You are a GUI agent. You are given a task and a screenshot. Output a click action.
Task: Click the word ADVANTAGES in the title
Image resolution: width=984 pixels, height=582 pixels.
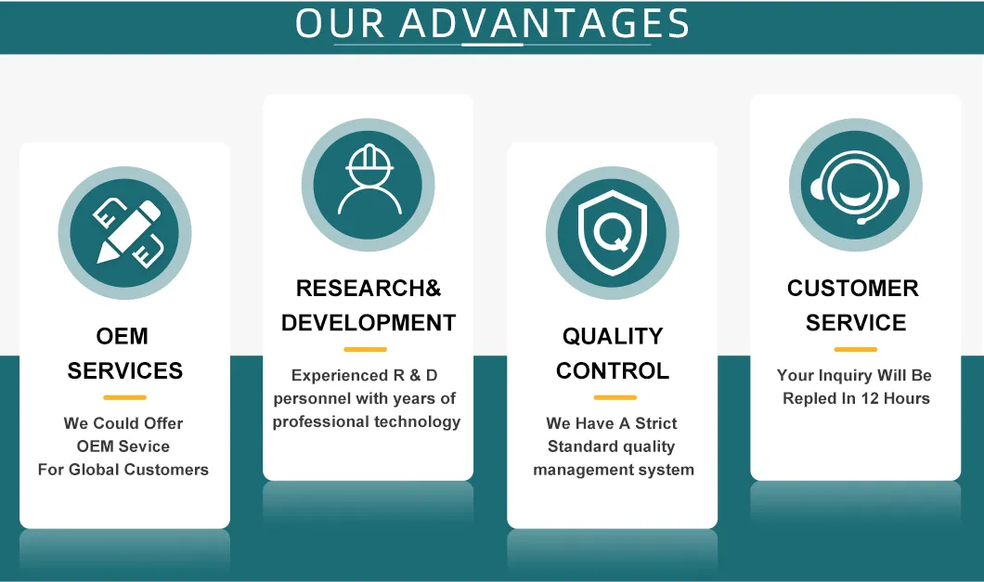[x=545, y=24]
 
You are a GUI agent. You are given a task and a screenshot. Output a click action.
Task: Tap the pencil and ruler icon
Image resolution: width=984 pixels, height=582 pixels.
[x=125, y=232]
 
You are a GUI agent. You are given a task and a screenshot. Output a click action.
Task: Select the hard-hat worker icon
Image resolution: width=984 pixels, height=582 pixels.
[x=369, y=184]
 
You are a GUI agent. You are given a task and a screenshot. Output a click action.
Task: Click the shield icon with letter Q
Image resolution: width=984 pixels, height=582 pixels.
[x=612, y=232]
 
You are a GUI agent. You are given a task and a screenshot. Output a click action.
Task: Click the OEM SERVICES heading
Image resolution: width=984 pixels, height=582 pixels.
[x=124, y=353]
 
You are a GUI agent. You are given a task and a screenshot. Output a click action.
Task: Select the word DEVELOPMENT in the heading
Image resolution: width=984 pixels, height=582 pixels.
[x=369, y=323]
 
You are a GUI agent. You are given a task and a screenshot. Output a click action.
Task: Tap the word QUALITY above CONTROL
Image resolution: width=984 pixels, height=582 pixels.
[x=613, y=336]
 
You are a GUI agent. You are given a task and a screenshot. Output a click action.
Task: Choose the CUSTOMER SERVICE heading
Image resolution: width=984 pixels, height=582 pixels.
[x=854, y=305]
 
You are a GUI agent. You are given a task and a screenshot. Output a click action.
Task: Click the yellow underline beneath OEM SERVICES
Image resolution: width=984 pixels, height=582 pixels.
[x=124, y=397]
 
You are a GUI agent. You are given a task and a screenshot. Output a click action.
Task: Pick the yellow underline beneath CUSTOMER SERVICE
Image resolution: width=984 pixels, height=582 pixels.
[x=855, y=349]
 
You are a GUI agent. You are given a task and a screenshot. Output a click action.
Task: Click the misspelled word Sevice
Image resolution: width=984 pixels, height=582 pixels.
[x=144, y=446]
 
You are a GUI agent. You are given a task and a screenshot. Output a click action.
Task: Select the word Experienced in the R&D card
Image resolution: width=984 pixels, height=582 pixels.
[x=335, y=376]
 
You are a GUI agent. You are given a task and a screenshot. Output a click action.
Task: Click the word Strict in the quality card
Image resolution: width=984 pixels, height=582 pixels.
[x=656, y=423]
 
